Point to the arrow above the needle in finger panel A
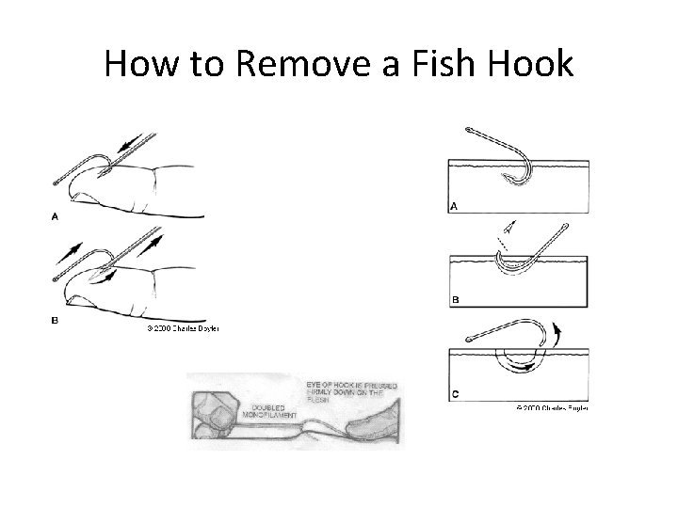point(136,143)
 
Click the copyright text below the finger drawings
point(182,329)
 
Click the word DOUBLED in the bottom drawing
point(268,406)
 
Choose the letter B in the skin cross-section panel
point(456,300)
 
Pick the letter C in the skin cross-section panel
point(456,395)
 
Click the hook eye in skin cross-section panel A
point(470,130)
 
